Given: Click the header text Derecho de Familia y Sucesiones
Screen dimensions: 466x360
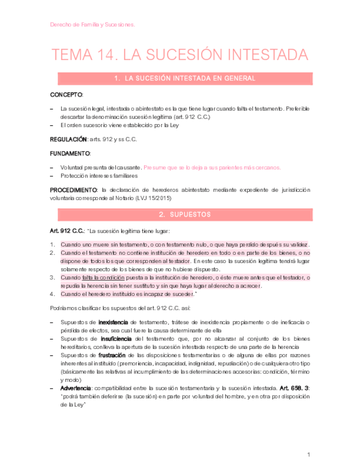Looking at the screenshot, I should tap(92, 25).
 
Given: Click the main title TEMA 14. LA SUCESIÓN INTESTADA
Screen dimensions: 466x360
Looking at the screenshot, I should tap(180, 55).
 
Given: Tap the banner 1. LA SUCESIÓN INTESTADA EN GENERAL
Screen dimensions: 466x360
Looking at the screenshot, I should tap(181, 79).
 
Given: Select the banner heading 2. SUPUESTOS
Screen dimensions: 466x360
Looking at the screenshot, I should tap(181, 214).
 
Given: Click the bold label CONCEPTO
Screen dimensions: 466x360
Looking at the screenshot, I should tap(67, 95).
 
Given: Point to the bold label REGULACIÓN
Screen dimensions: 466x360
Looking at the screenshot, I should tap(69, 140).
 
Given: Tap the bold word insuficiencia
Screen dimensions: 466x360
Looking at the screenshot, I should tap(115, 339).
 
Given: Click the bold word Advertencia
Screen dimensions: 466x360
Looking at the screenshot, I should tap(77, 389).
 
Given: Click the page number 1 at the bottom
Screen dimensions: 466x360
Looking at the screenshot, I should tap(309, 454).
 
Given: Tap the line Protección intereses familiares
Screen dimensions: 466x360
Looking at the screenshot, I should tap(99, 176).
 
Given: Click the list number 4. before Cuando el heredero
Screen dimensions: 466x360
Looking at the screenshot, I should tap(53, 294).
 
